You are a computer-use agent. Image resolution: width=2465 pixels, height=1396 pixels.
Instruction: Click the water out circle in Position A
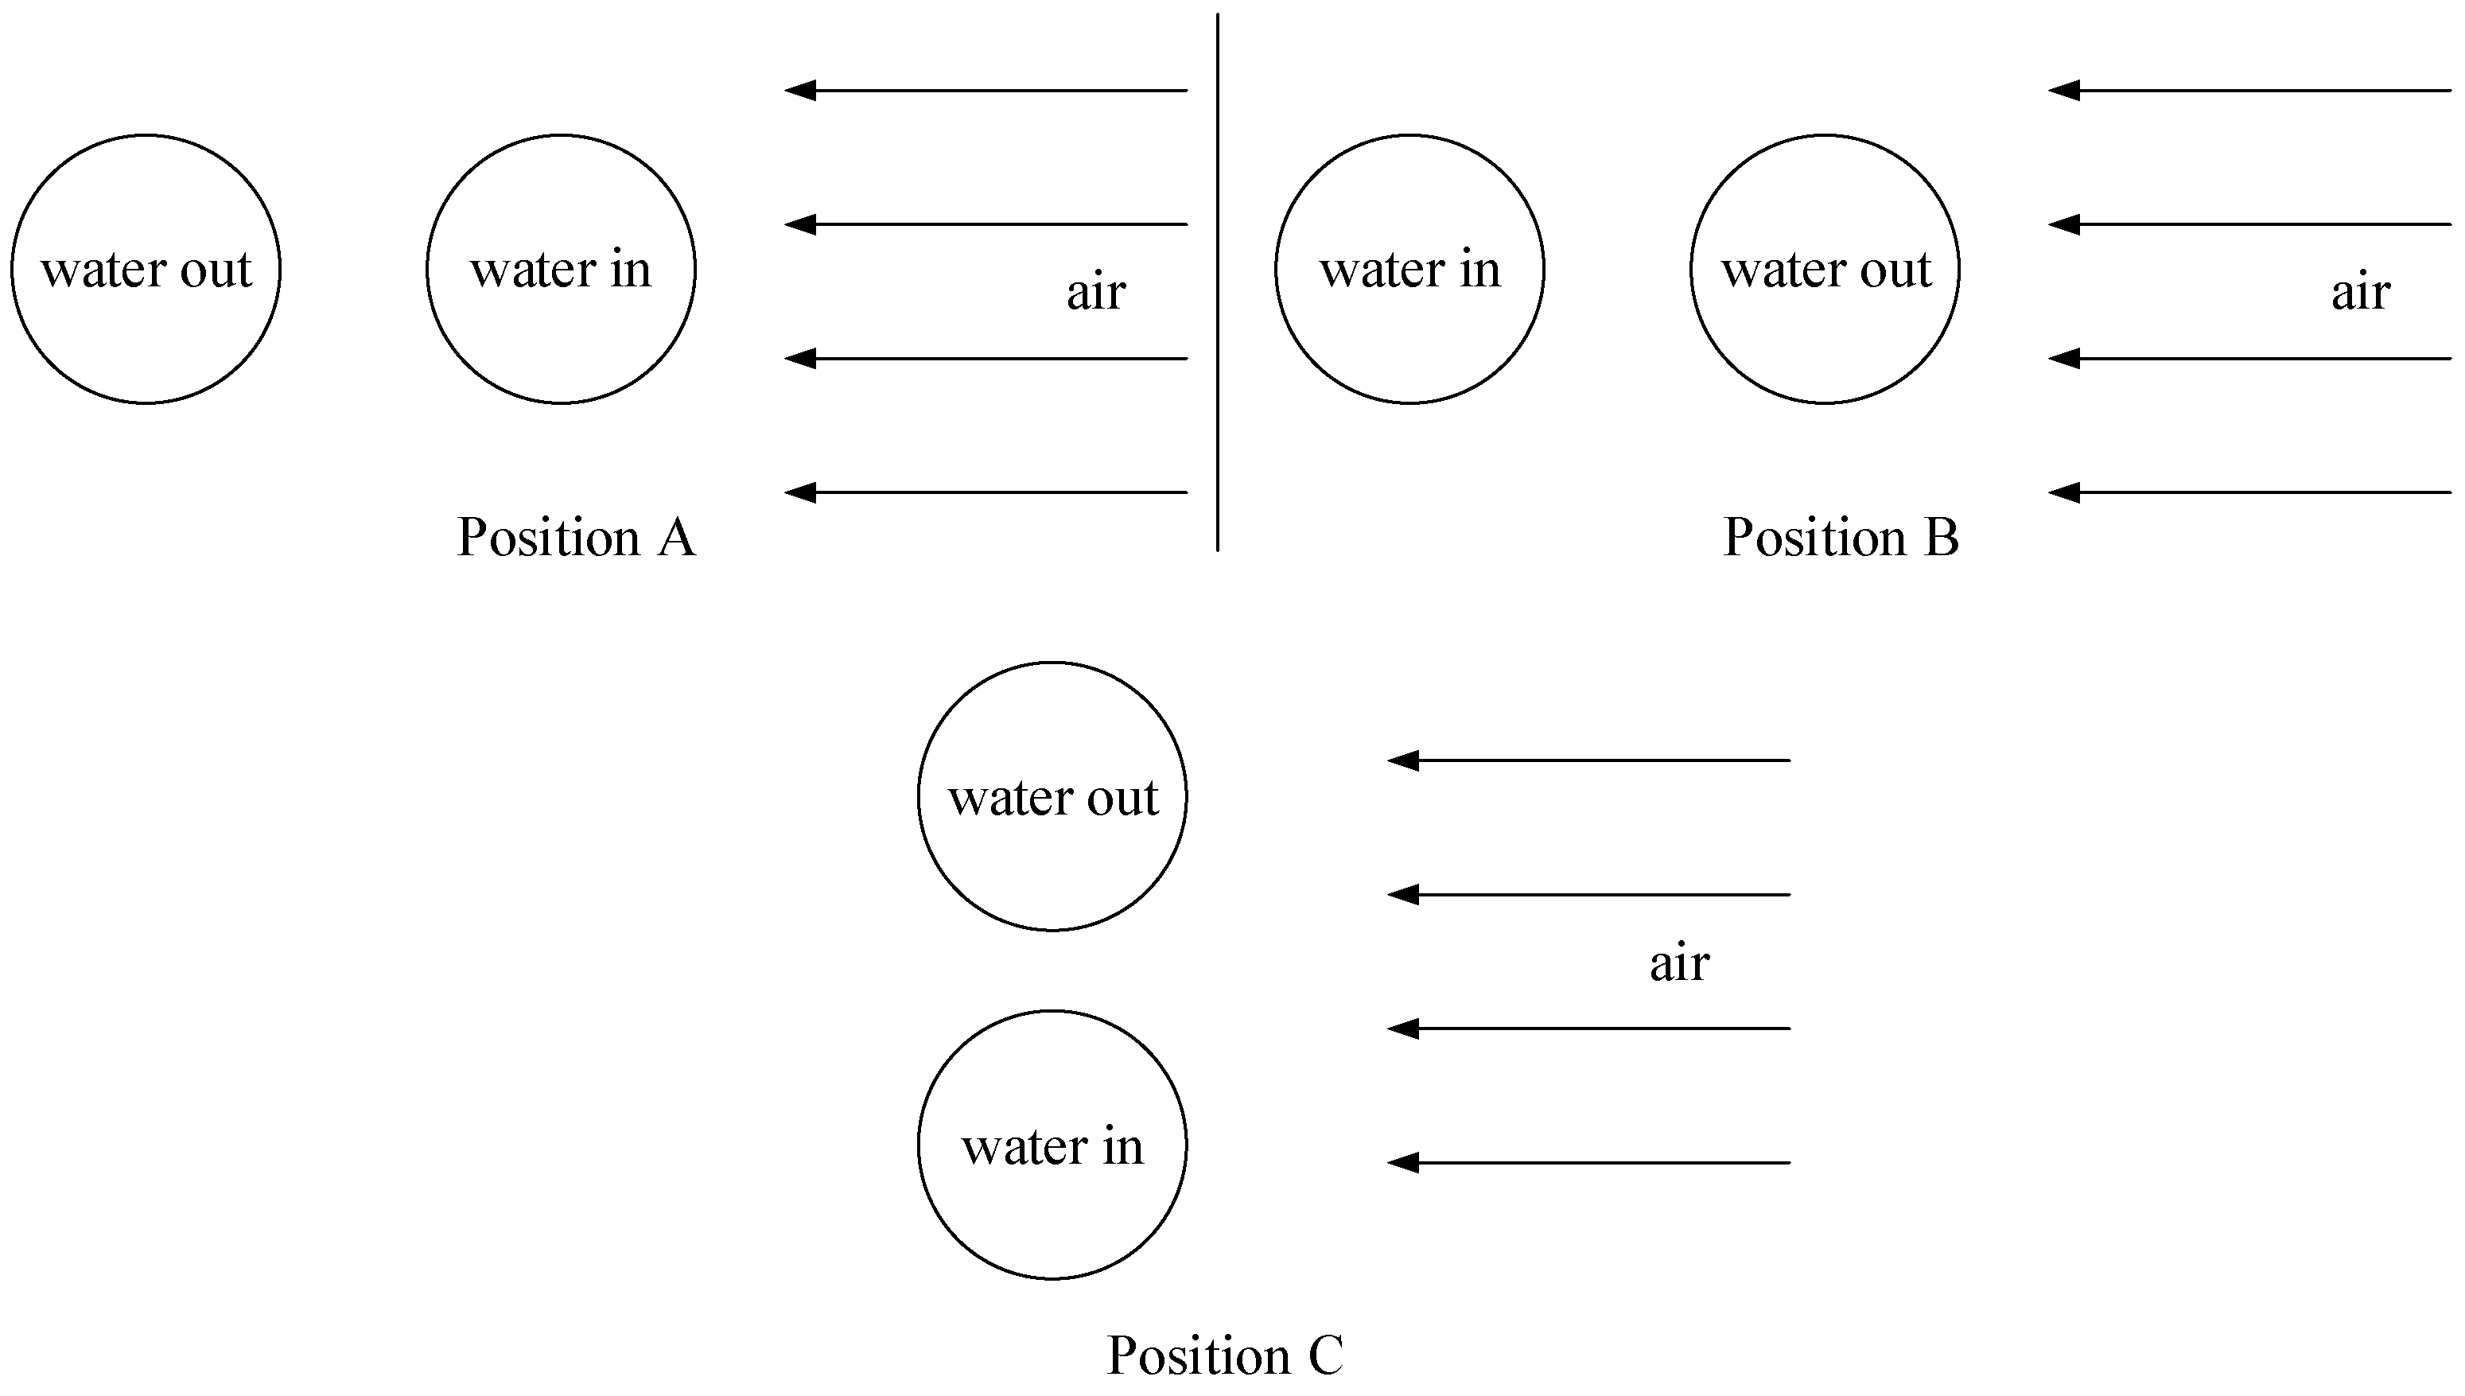146,270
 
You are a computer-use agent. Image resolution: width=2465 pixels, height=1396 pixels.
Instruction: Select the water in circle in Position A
561,270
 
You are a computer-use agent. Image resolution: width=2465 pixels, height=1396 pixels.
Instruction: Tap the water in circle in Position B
1409,270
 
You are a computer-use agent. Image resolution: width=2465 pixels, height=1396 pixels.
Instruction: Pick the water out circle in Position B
1825,270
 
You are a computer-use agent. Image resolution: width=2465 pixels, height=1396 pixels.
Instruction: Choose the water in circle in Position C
1052,1145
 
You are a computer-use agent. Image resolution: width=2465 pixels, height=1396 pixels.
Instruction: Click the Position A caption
576,537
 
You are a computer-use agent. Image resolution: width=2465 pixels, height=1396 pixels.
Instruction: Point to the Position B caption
1841,537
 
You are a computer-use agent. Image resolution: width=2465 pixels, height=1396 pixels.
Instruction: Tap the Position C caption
1225,1355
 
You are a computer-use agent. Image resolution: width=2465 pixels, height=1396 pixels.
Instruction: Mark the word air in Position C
1679,962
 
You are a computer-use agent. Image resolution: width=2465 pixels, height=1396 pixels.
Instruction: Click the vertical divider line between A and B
1218,288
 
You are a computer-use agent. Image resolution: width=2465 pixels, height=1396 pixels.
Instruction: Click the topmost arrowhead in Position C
1402,761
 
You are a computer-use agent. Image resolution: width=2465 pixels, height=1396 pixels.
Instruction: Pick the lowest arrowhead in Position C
1402,1163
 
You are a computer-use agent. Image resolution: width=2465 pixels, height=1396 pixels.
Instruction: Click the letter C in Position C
1325,1355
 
